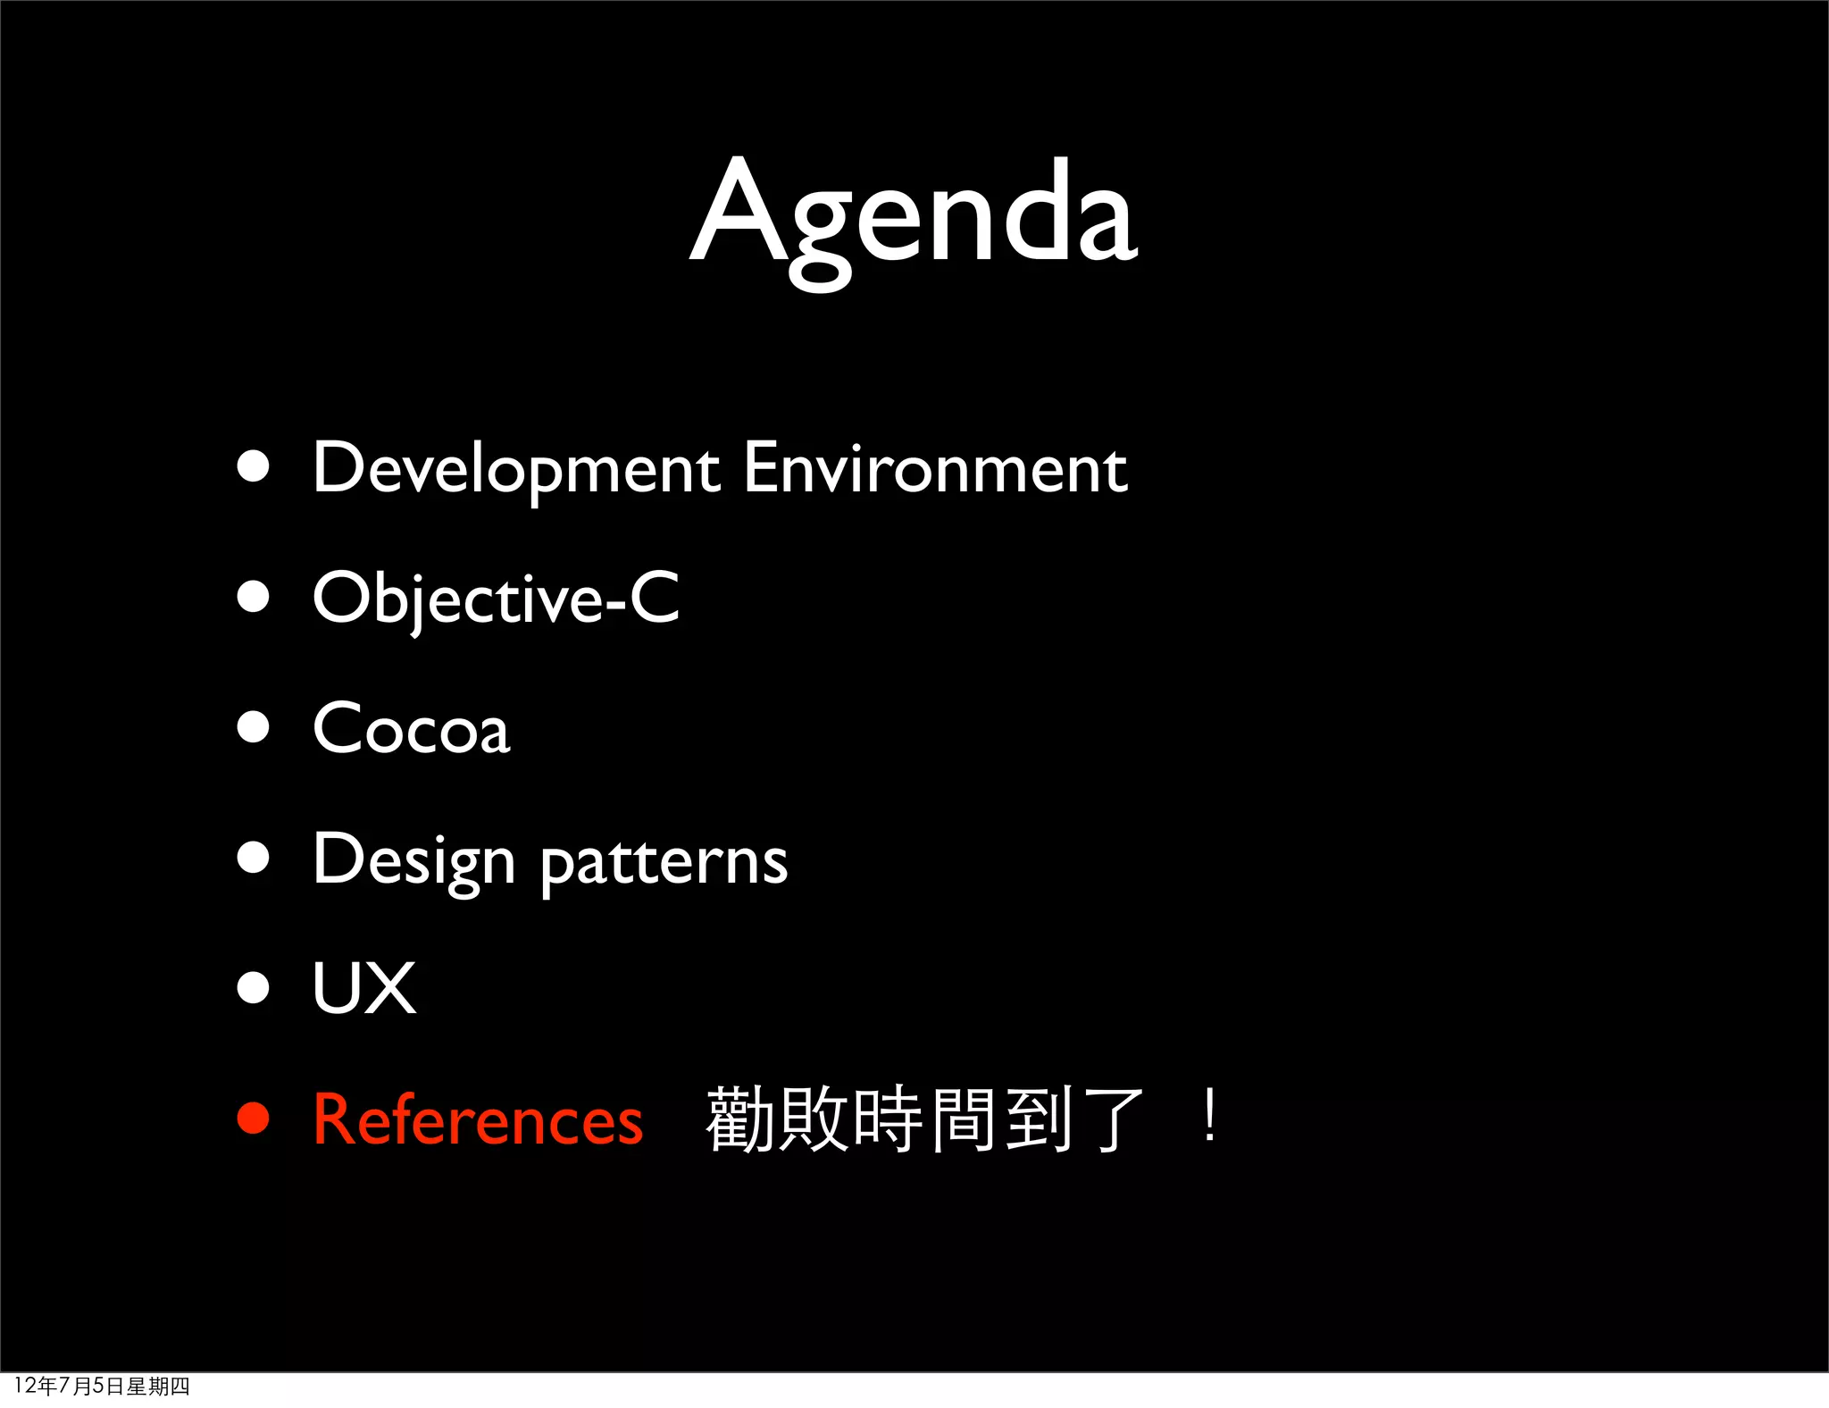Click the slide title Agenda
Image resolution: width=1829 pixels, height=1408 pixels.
914,214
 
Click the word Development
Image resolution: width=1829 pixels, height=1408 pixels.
516,468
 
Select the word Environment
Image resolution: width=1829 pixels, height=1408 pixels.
935,468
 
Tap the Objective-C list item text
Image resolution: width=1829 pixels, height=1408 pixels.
496,599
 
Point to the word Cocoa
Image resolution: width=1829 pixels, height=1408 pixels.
412,729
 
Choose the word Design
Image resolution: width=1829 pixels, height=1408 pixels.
413,859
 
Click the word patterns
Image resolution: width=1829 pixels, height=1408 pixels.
664,861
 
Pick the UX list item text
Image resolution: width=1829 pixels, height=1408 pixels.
364,988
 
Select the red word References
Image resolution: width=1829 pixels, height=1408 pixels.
478,1119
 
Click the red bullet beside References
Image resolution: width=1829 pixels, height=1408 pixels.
254,1119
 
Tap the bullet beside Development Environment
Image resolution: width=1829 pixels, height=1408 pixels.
254,466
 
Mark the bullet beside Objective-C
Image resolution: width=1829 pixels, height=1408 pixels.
254,597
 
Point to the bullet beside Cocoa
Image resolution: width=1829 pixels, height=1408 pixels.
254,727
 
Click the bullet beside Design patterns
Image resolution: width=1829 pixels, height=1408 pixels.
254,858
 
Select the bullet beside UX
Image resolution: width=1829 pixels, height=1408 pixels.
254,988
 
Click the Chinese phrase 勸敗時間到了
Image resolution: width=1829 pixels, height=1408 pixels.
924,1119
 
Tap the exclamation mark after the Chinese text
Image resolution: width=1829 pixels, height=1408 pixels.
1209,1117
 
